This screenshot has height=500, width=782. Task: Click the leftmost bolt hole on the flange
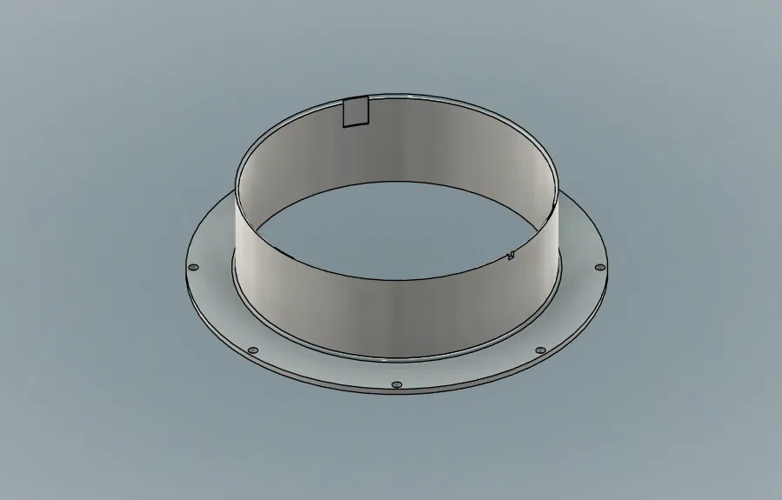tap(193, 267)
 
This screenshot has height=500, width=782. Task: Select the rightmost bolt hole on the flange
tap(599, 267)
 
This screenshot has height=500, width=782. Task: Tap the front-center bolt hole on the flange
tap(397, 383)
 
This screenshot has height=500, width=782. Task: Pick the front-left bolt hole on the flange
tap(253, 350)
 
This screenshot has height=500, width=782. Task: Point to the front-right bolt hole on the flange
tap(540, 350)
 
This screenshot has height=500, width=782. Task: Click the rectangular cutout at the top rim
tap(356, 112)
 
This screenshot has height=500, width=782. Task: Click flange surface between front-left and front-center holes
tap(322, 374)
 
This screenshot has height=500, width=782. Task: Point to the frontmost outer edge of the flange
tap(397, 395)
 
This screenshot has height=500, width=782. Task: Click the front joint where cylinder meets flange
tap(397, 360)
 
